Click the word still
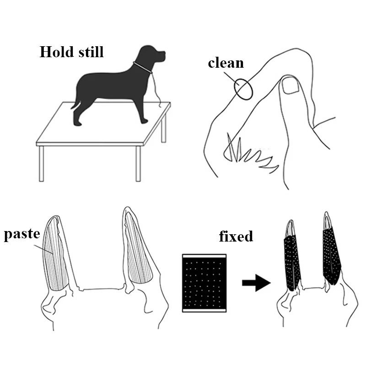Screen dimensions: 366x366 (x=91, y=52)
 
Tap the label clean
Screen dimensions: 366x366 (x=226, y=63)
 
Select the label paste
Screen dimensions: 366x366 (x=22, y=234)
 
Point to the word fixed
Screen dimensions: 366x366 (x=236, y=236)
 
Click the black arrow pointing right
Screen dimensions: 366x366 (x=256, y=283)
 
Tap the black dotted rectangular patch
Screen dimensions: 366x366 (x=204, y=283)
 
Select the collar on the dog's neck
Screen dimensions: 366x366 (x=143, y=67)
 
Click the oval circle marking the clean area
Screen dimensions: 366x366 (x=243, y=89)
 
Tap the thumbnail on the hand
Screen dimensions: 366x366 (x=291, y=86)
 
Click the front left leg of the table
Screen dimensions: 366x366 (x=41, y=164)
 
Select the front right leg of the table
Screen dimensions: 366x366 (x=138, y=164)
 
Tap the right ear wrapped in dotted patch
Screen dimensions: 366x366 (x=331, y=254)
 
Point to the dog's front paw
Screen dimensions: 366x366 (x=144, y=121)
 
